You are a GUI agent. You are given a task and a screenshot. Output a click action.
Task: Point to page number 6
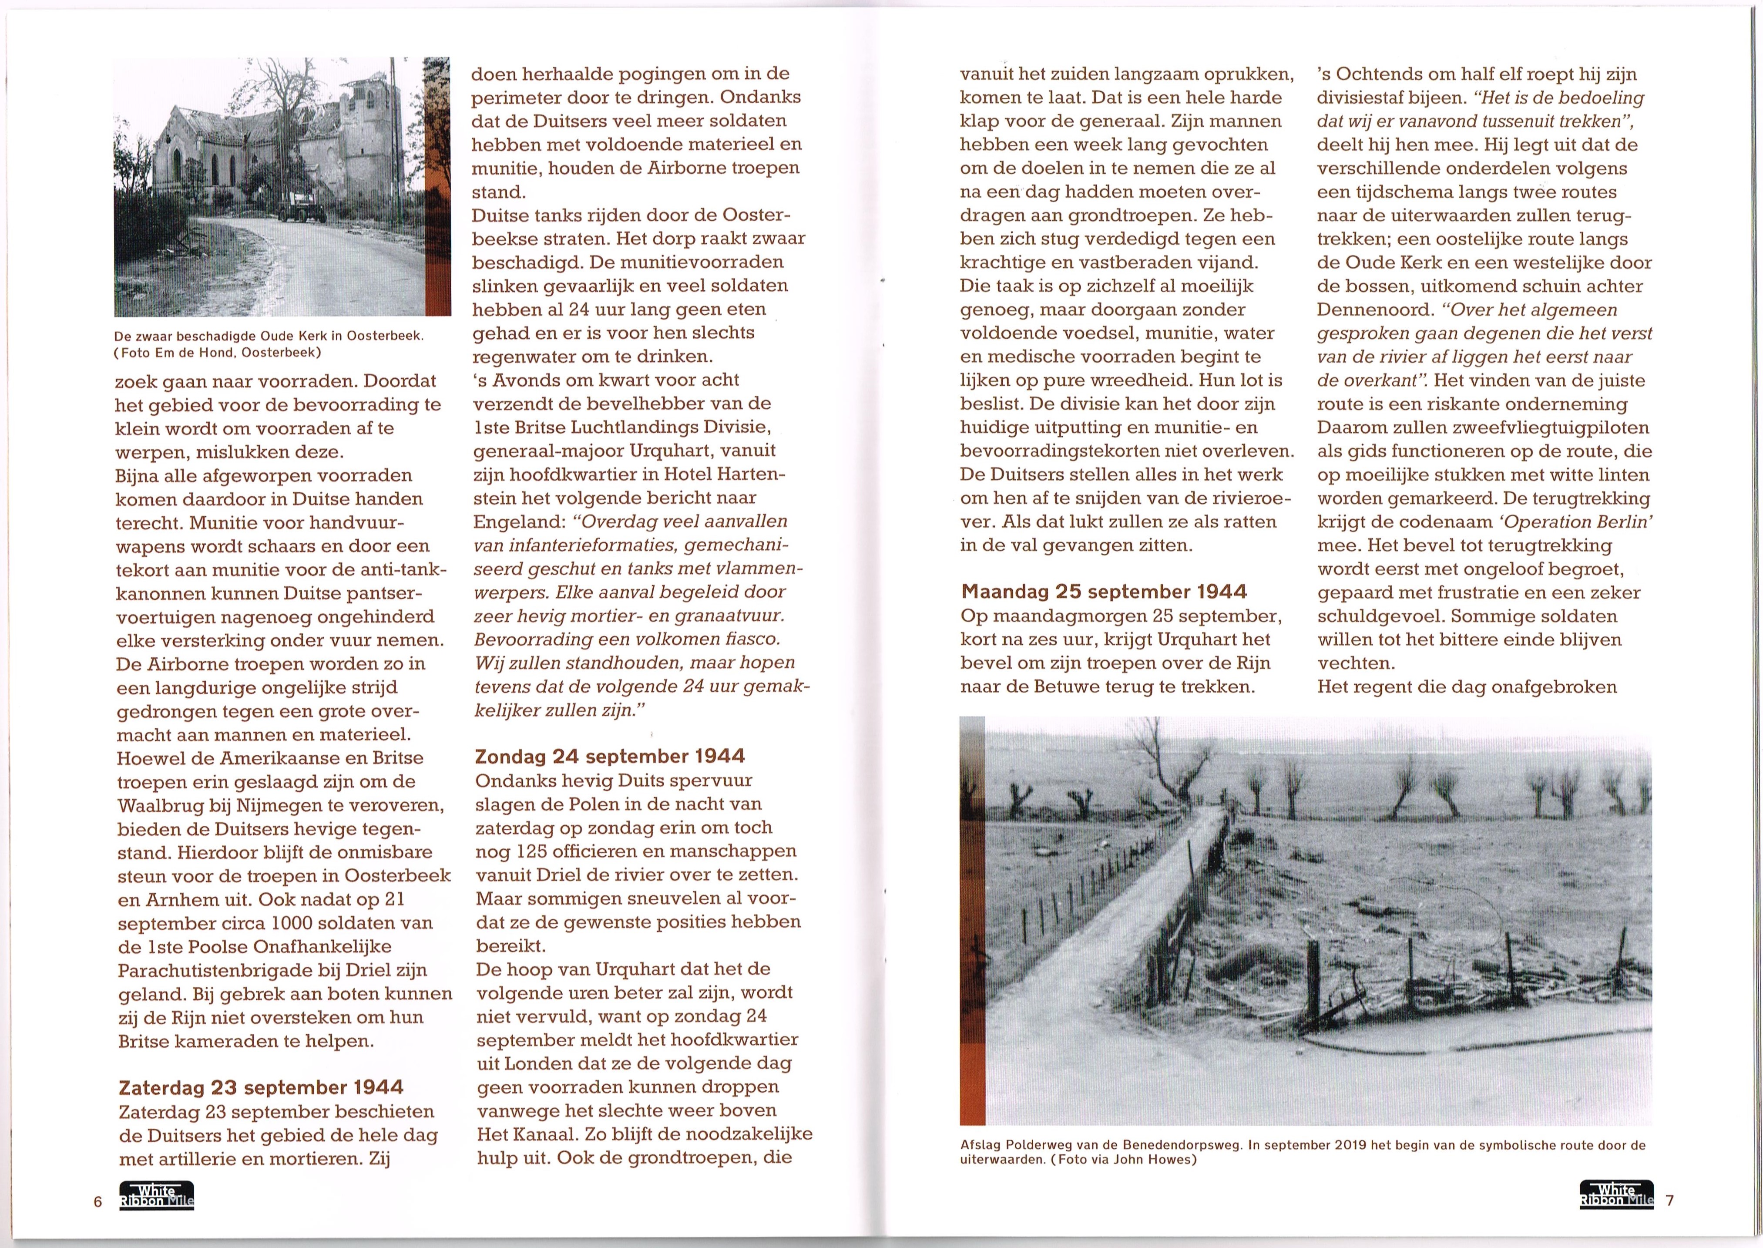pos(97,1202)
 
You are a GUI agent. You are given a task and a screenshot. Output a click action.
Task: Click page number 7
pos(1669,1201)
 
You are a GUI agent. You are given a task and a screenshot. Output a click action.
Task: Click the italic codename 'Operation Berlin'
pos(1575,522)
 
